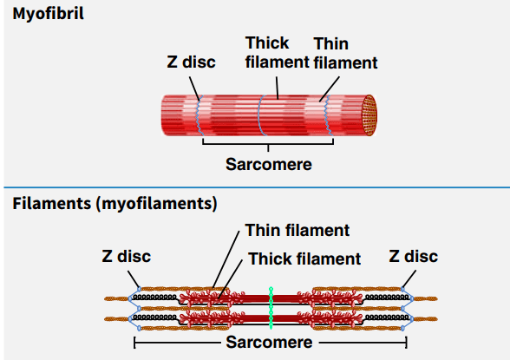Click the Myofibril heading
(x=49, y=14)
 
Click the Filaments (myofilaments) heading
(x=114, y=204)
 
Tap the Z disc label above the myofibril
(x=191, y=62)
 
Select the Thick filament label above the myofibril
(x=277, y=52)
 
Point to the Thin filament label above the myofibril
(x=345, y=53)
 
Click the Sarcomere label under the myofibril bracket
(x=269, y=164)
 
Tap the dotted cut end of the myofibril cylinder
(x=369, y=115)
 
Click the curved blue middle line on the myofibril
(x=259, y=115)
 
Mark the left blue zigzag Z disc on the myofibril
(x=199, y=115)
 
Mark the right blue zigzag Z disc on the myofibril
(x=328, y=115)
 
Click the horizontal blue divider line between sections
(x=257, y=187)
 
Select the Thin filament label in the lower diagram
(x=297, y=230)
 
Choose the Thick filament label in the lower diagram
(x=304, y=259)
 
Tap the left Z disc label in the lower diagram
(x=127, y=256)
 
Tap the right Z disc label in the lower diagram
(x=414, y=256)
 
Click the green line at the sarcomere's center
(x=271, y=308)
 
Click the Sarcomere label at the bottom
(x=269, y=342)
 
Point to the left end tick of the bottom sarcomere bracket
(x=134, y=343)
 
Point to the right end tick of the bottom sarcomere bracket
(x=406, y=343)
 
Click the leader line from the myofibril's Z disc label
(x=194, y=88)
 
